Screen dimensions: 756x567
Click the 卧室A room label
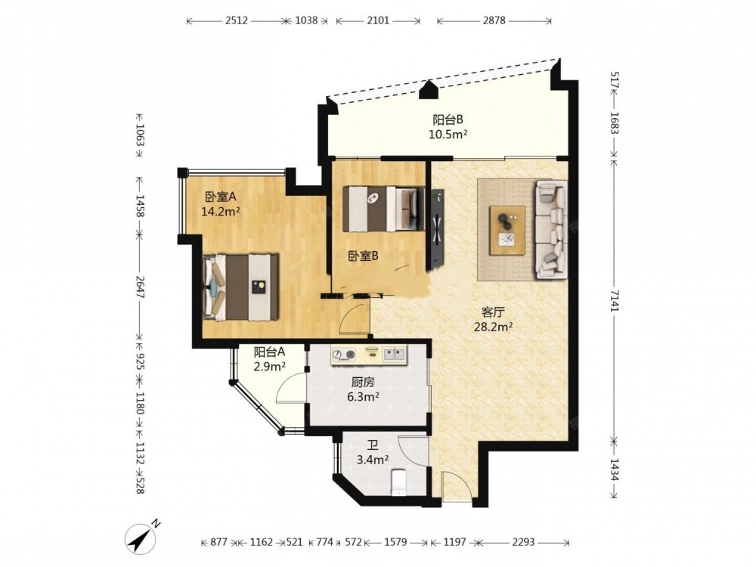(x=220, y=197)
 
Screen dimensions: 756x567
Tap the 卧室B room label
(x=363, y=256)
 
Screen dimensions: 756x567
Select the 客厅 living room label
(x=493, y=312)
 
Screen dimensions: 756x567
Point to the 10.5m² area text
(x=448, y=135)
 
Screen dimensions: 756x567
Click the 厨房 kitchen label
(x=363, y=383)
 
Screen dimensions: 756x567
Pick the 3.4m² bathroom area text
(x=372, y=460)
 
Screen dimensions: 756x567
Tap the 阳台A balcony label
(x=269, y=352)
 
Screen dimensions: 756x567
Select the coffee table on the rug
(x=507, y=230)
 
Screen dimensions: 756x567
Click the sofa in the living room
(x=550, y=230)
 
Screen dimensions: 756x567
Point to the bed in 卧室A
(x=241, y=287)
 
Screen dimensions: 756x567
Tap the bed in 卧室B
(x=383, y=209)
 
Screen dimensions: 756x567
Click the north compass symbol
(x=143, y=537)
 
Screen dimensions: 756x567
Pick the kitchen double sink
(x=395, y=355)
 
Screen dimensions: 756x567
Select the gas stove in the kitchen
(x=344, y=355)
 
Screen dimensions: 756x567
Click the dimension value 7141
(x=614, y=301)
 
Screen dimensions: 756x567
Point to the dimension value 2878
(x=494, y=20)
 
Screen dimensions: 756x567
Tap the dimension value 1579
(x=395, y=542)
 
